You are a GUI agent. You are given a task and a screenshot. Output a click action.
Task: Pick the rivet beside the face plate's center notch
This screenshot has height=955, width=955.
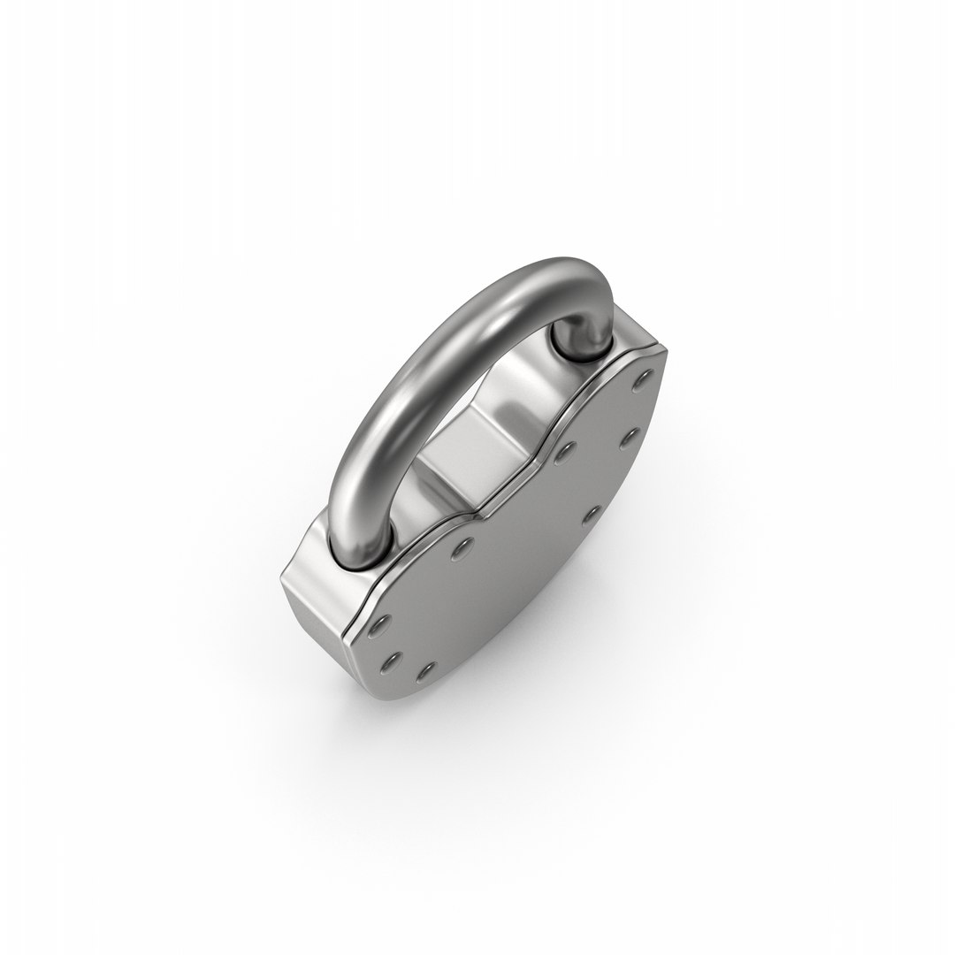[562, 453]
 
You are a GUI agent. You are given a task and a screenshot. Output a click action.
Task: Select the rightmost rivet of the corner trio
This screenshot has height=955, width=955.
[428, 671]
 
